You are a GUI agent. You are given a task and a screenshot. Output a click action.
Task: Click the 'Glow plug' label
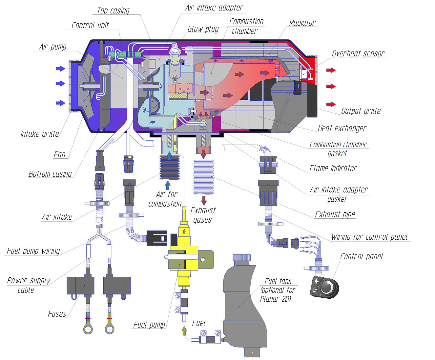click(203, 29)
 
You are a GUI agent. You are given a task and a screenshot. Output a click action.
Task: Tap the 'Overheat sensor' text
click(358, 54)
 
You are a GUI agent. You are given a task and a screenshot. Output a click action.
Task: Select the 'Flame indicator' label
click(333, 169)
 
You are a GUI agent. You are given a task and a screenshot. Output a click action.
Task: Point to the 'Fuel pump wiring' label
click(33, 251)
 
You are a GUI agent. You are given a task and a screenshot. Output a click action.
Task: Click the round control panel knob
click(326, 287)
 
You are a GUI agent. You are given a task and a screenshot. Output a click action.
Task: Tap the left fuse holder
click(80, 285)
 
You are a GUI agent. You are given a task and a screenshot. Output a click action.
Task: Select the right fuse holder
click(117, 285)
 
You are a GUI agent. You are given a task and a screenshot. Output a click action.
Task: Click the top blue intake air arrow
click(61, 69)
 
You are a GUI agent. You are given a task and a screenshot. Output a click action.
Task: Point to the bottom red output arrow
click(331, 104)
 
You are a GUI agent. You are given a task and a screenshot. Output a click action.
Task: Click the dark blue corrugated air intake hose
click(169, 168)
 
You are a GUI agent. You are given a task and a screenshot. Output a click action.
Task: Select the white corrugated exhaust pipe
click(203, 177)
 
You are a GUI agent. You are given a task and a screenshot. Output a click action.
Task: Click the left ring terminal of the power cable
click(88, 329)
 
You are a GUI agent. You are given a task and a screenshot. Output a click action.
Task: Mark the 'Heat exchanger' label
click(342, 129)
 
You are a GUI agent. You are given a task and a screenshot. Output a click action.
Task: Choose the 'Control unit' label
click(90, 26)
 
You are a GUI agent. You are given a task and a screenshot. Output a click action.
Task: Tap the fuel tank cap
click(242, 258)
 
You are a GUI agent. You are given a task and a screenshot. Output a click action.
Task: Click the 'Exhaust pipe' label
click(335, 214)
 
